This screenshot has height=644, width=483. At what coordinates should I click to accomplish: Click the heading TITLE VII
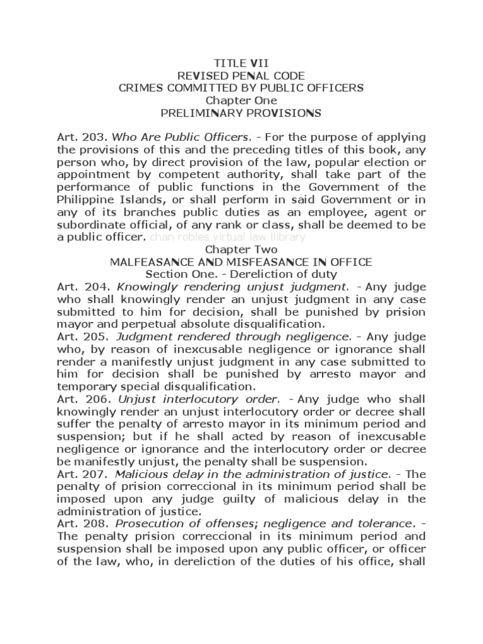241,64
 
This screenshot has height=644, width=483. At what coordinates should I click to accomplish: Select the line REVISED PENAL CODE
241,75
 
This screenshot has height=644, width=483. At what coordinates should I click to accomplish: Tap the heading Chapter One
241,101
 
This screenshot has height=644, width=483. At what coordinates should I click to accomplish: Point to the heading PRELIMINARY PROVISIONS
241,113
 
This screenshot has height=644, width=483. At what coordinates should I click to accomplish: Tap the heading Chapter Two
241,249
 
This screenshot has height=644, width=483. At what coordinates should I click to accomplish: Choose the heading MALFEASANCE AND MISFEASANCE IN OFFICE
241,262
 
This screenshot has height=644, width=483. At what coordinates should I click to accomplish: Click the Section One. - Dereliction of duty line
241,274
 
